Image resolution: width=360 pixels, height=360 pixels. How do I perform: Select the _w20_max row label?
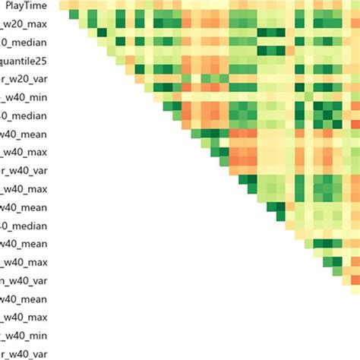pyautogui.click(x=24, y=24)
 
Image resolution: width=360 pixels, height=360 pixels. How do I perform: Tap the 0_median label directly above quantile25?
pyautogui.click(x=24, y=42)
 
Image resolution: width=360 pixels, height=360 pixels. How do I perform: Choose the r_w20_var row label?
pyautogui.click(x=24, y=78)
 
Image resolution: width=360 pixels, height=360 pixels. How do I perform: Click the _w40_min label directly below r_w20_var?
pyautogui.click(x=24, y=96)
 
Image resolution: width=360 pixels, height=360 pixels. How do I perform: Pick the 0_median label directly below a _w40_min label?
pyautogui.click(x=24, y=115)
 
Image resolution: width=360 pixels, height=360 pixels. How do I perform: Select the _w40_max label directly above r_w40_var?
pyautogui.click(x=24, y=152)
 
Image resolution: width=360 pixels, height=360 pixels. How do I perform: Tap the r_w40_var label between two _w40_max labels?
pyautogui.click(x=24, y=170)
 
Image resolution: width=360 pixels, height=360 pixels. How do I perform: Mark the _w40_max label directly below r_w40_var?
pyautogui.click(x=24, y=188)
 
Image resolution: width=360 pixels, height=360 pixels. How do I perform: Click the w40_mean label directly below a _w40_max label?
pyautogui.click(x=24, y=207)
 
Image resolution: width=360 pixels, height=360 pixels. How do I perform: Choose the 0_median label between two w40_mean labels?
pyautogui.click(x=24, y=226)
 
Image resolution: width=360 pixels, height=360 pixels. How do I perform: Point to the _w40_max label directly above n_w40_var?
pyautogui.click(x=24, y=262)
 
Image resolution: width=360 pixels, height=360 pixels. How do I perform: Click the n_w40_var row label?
pyautogui.click(x=24, y=280)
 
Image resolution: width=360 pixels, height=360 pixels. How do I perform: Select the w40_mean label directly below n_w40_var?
pyautogui.click(x=24, y=298)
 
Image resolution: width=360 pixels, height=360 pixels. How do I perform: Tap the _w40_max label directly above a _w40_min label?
pyautogui.click(x=24, y=317)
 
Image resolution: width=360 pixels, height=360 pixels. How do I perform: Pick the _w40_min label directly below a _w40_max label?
pyautogui.click(x=24, y=335)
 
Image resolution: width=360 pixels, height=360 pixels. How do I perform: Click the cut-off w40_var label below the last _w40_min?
pyautogui.click(x=24, y=353)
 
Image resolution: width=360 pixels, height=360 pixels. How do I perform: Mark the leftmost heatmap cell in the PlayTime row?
pyautogui.click(x=65, y=6)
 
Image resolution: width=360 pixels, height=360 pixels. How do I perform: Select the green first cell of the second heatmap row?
pyautogui.click(x=74, y=15)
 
